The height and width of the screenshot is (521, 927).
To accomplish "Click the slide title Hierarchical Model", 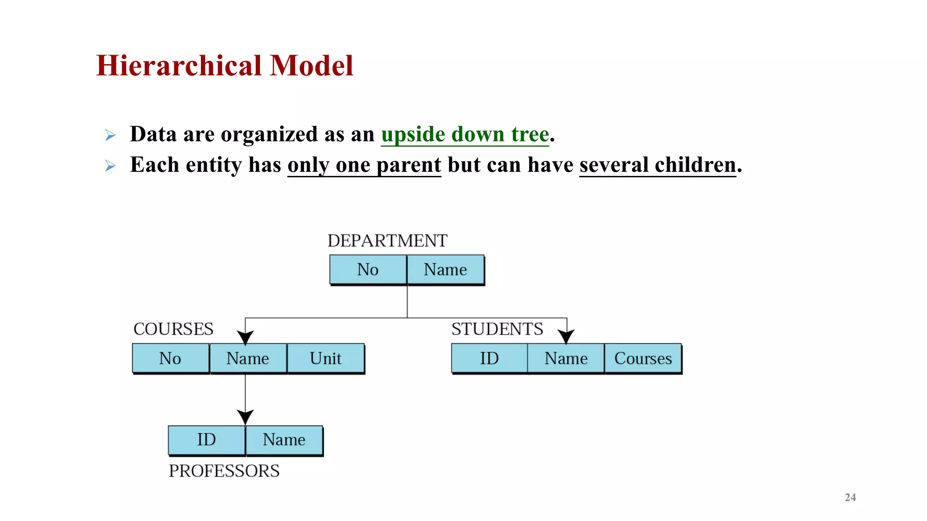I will (225, 66).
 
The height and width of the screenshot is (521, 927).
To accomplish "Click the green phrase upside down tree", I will (465, 134).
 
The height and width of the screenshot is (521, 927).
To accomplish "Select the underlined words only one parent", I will (364, 165).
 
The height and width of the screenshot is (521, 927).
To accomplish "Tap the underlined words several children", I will (657, 165).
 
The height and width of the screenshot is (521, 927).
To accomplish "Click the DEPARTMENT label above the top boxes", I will (387, 241).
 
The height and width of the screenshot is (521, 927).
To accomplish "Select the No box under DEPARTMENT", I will (368, 270).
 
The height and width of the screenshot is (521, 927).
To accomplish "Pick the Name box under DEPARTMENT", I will (445, 270).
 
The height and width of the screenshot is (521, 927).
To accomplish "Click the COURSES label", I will (173, 329).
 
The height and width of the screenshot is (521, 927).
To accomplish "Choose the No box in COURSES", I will (171, 358).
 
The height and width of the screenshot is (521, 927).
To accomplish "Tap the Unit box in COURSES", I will (325, 358).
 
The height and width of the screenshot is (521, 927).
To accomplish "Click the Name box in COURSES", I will (248, 358).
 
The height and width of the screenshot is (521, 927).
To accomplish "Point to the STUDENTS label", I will (497, 329).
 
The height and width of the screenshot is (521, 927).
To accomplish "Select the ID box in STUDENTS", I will (489, 358).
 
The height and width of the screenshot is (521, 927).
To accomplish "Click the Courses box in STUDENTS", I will (643, 358).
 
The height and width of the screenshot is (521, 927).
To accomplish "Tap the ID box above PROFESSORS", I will (206, 440).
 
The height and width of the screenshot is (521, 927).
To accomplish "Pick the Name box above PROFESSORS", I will (284, 440).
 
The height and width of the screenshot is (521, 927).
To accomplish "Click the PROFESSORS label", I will (224, 471).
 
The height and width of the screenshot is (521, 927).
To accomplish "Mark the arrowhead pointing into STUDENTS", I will (566, 336).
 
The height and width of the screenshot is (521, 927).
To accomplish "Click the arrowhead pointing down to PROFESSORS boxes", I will (245, 417).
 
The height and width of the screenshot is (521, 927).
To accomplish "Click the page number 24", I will (850, 497).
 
